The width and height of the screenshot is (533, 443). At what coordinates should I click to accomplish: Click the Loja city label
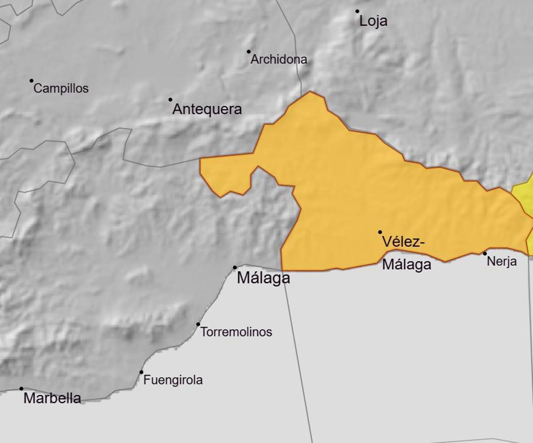coord(373,21)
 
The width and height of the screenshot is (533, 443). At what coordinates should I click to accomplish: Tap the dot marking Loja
coord(357,12)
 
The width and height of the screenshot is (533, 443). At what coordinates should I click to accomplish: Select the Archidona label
coord(278,59)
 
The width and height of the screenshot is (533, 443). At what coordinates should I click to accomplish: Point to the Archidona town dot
coord(249,51)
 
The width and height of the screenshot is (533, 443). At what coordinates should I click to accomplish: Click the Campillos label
coord(61,88)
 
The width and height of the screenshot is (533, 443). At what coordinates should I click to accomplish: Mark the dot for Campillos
coord(32,81)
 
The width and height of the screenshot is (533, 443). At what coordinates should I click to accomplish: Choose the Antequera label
coord(207,109)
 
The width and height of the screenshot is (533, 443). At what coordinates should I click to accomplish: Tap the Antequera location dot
coord(170,99)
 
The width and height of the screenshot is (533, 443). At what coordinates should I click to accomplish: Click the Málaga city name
coord(263,278)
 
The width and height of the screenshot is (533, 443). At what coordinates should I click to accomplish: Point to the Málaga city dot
coord(235,267)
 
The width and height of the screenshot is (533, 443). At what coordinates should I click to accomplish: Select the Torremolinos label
coord(236,332)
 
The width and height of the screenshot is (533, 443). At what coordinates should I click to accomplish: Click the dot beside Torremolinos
coord(198,324)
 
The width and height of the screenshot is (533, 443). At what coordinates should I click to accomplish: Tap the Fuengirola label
coord(173,380)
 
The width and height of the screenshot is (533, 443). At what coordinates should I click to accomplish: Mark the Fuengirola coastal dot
coord(141,372)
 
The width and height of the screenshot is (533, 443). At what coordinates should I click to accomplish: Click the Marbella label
coord(52,398)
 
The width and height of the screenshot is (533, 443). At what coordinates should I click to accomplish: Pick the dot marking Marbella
coord(21,388)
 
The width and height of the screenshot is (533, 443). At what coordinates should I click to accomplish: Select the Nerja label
coord(501,261)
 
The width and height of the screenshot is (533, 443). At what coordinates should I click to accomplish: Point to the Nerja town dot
coord(485,253)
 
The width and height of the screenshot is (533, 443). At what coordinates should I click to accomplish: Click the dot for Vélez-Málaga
coord(380,232)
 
